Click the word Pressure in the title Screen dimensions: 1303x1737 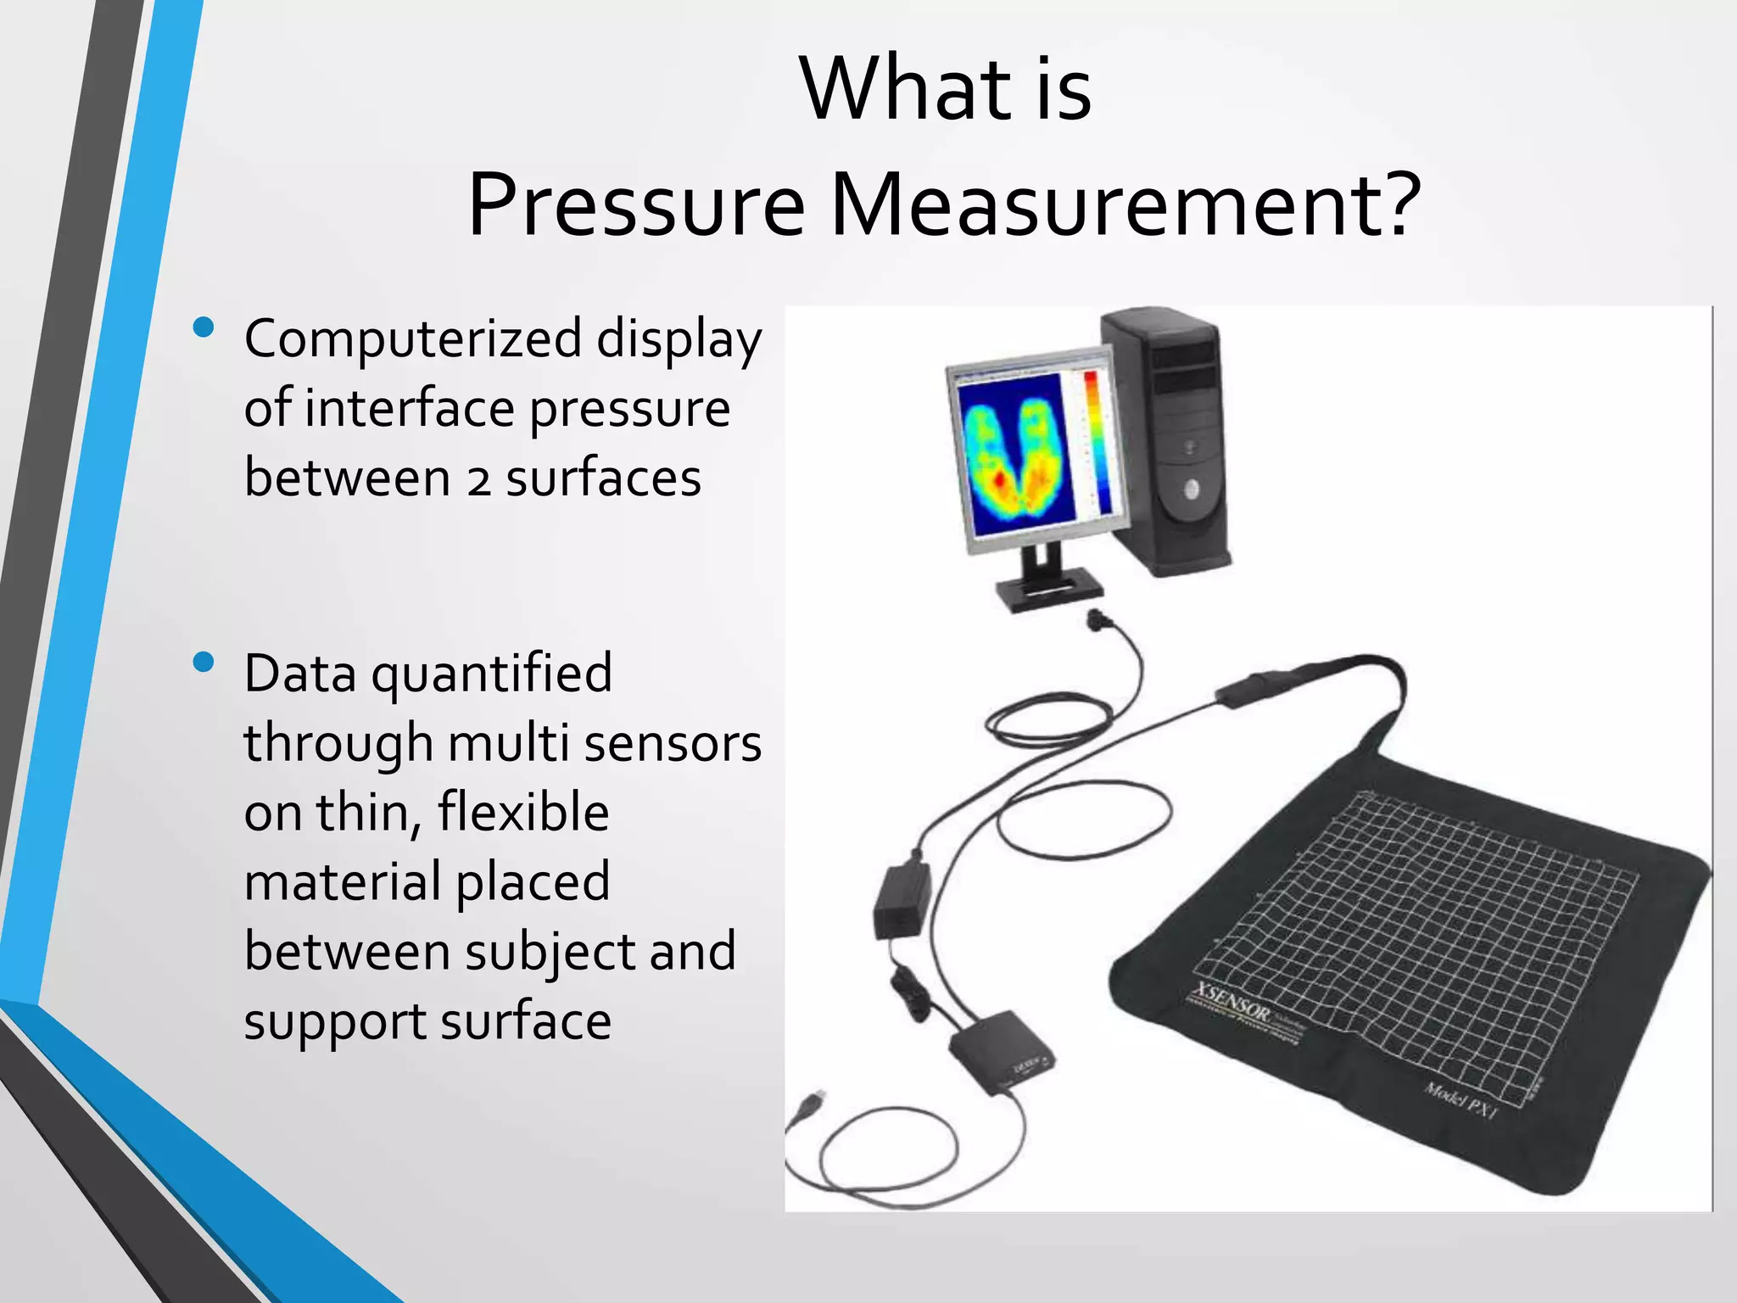[x=635, y=206]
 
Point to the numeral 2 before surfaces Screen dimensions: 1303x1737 [x=479, y=480]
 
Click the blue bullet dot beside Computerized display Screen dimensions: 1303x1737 [x=204, y=327]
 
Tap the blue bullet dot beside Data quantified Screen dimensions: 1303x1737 [x=204, y=662]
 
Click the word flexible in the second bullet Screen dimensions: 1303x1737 [x=523, y=812]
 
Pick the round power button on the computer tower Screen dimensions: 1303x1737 [x=1191, y=488]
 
